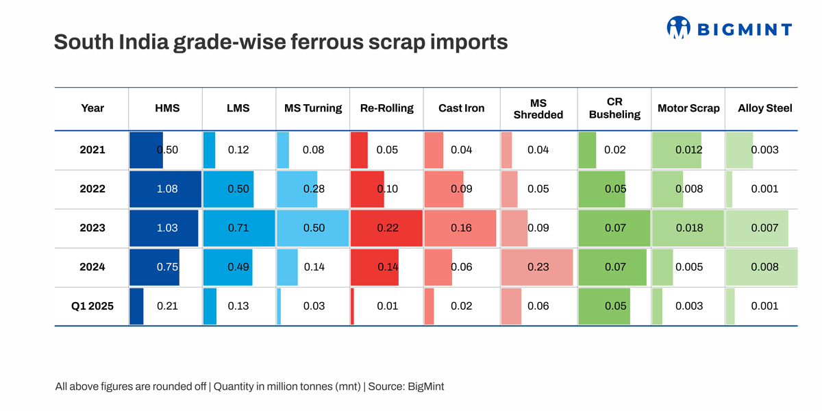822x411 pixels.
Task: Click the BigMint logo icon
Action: pyautogui.click(x=678, y=28)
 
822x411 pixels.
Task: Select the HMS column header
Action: pyautogui.click(x=167, y=108)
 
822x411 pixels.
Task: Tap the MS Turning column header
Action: pyautogui.click(x=313, y=108)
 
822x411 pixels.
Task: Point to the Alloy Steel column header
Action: pyautogui.click(x=764, y=108)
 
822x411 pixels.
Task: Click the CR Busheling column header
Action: pyautogui.click(x=614, y=108)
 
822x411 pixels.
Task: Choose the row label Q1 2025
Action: pyautogui.click(x=92, y=306)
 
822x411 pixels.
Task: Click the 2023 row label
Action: pyautogui.click(x=92, y=228)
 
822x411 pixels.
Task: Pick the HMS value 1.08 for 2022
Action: pyautogui.click(x=167, y=189)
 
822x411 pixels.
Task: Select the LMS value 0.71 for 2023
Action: pyautogui.click(x=238, y=228)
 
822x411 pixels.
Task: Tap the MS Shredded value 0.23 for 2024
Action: pyautogui.click(x=538, y=267)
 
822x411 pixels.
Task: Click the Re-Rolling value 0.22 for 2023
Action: pyautogui.click(x=388, y=228)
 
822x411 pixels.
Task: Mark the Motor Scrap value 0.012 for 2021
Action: pyautogui.click(x=688, y=150)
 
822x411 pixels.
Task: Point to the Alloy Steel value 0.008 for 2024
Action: pyautogui.click(x=764, y=267)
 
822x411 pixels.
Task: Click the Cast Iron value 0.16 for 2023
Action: pyautogui.click(x=461, y=228)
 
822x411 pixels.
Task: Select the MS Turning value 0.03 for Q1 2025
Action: pyautogui.click(x=314, y=306)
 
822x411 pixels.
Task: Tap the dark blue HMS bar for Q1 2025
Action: pyautogui.click(x=136, y=306)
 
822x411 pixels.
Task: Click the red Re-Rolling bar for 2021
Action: pyautogui.click(x=359, y=150)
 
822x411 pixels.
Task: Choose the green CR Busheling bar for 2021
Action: pyautogui.click(x=587, y=150)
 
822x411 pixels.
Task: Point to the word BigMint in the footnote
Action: pyautogui.click(x=425, y=386)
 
